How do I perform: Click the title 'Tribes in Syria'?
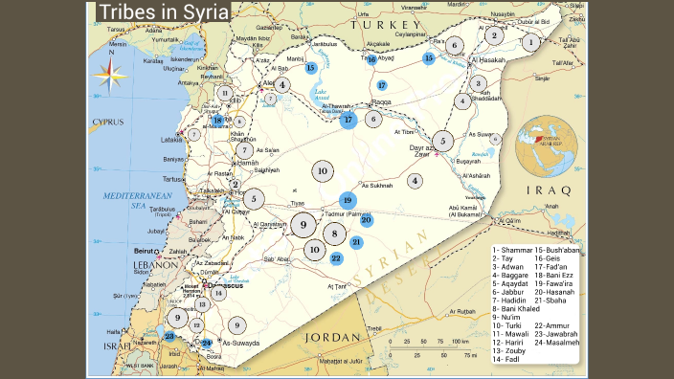coord(165,12)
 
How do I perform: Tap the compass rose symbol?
coord(110,73)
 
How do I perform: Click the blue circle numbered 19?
coord(347,201)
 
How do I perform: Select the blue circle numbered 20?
coord(367,219)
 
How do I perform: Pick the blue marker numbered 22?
coord(336,257)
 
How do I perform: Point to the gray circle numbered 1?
coord(530,42)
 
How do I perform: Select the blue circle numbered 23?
coord(169,336)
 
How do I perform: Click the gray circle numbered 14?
coord(218,293)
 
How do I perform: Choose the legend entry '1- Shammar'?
coord(511,250)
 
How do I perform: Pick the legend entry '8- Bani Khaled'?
coord(515,309)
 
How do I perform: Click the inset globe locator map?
coord(544,144)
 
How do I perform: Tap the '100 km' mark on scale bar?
coord(461,341)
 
